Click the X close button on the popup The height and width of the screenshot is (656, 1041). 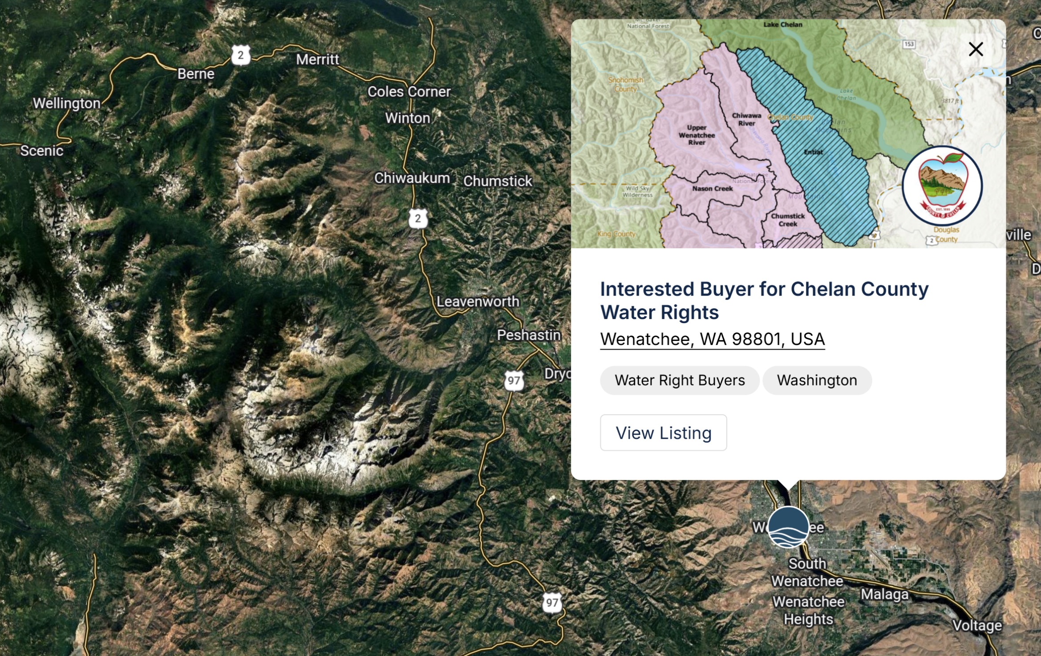(x=976, y=49)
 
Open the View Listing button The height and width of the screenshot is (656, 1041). (x=663, y=433)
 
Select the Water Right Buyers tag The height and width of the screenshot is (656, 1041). (x=679, y=380)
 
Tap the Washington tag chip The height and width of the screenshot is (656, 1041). (x=817, y=380)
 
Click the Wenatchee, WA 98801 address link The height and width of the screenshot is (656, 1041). (x=712, y=339)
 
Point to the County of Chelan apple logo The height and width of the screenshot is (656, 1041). (x=942, y=185)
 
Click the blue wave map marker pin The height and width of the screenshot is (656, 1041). (x=788, y=527)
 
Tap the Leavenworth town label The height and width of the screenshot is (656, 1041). (x=478, y=301)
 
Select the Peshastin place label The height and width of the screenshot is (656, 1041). (x=529, y=335)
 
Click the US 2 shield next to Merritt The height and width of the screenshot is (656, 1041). (x=241, y=55)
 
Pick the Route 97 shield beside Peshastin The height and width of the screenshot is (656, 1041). (x=514, y=381)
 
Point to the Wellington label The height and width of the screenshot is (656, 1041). (x=67, y=103)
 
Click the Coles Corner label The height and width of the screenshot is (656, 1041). (x=409, y=92)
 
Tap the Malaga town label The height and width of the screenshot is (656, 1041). (x=884, y=594)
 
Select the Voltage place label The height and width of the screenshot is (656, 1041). (x=977, y=625)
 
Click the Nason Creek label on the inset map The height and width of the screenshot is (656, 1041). (x=712, y=189)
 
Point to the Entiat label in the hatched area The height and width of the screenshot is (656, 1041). (x=813, y=152)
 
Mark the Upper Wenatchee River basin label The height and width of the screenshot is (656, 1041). (x=697, y=135)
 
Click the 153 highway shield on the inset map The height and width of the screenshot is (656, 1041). (x=908, y=44)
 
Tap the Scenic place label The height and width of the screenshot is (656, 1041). (x=42, y=151)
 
